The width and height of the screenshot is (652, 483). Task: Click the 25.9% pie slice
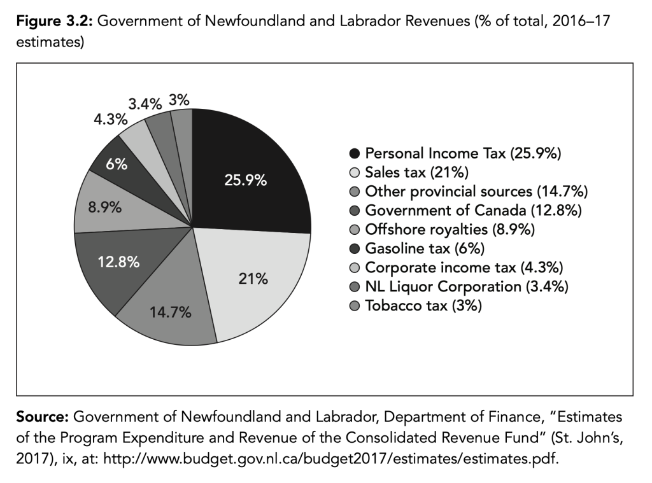245,172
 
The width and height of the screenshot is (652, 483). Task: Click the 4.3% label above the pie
111,120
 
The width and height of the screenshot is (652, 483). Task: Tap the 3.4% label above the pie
145,103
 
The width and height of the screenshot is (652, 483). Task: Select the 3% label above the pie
179,100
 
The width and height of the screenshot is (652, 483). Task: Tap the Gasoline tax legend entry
416,248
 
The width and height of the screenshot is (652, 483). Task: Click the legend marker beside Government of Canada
355,211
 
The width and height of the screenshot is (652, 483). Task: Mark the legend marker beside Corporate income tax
355,268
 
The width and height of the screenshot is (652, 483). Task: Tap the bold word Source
43,417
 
